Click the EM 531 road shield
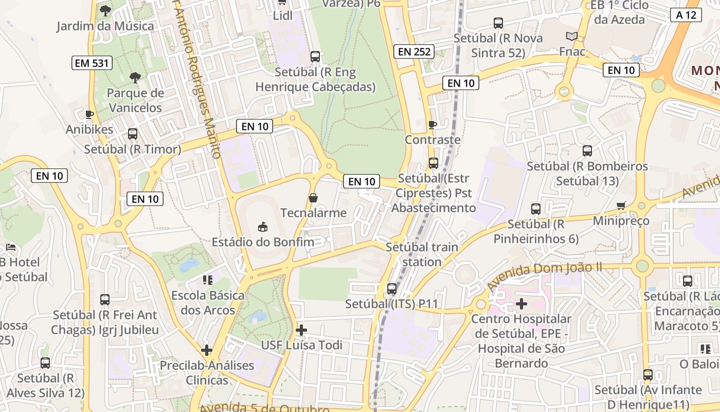point(92,63)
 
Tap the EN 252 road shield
point(414,51)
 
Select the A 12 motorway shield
point(686,15)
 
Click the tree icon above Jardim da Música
point(105,10)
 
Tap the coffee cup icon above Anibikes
point(89,114)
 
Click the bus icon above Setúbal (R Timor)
point(133,134)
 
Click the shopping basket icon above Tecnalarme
point(313,198)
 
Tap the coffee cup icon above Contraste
point(433,125)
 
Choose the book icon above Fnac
point(572,37)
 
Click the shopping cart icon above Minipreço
point(621,206)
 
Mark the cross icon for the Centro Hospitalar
point(521,304)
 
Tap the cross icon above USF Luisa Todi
point(301,330)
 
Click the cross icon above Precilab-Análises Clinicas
point(207,350)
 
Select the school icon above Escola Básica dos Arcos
point(208,280)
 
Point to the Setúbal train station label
point(422,254)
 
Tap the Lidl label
point(282,15)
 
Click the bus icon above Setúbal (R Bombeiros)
point(587,151)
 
